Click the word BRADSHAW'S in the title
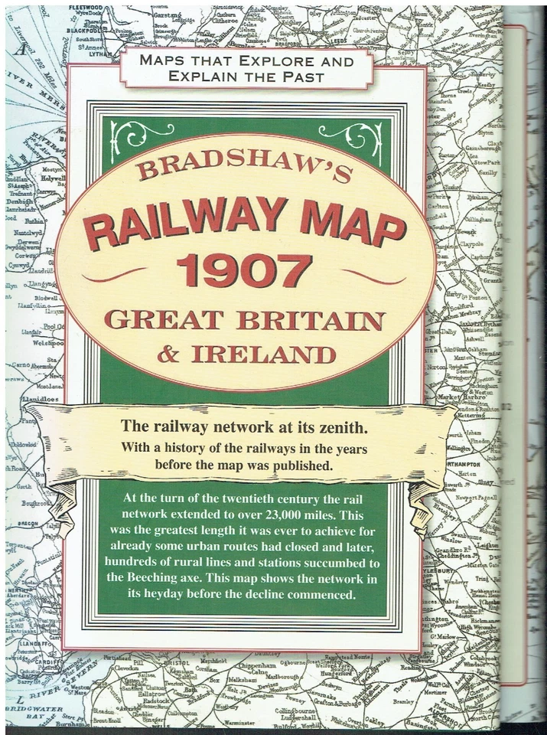coord(245,165)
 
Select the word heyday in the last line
coord(187,595)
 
